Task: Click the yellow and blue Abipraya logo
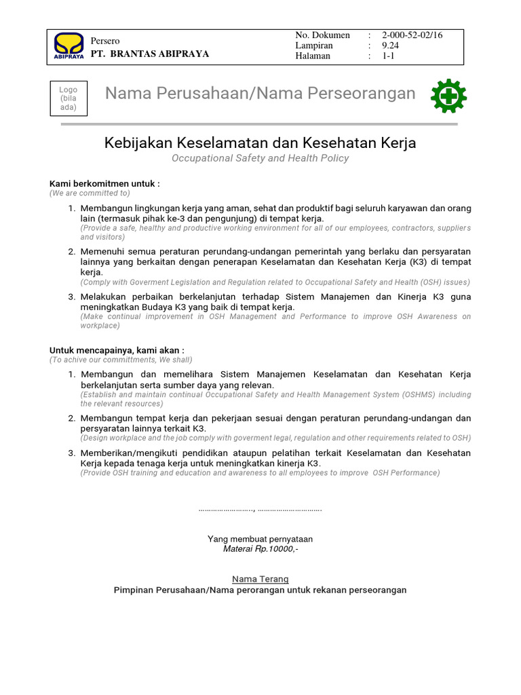69,46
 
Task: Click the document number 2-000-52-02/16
412,35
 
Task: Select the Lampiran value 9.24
391,45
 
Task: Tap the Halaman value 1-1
388,56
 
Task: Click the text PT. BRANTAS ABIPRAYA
150,54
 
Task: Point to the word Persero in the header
105,41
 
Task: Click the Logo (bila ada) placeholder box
69,98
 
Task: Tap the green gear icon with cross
448,97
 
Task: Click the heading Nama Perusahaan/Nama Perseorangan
260,94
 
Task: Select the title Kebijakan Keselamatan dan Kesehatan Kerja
260,143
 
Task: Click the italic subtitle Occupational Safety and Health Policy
260,158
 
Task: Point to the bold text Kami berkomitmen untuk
104,184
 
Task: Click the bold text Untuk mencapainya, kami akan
117,350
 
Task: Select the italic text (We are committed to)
90,193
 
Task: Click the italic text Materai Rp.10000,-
260,548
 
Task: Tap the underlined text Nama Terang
260,579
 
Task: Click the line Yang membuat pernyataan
260,539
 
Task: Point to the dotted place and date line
260,509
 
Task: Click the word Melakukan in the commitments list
104,297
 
